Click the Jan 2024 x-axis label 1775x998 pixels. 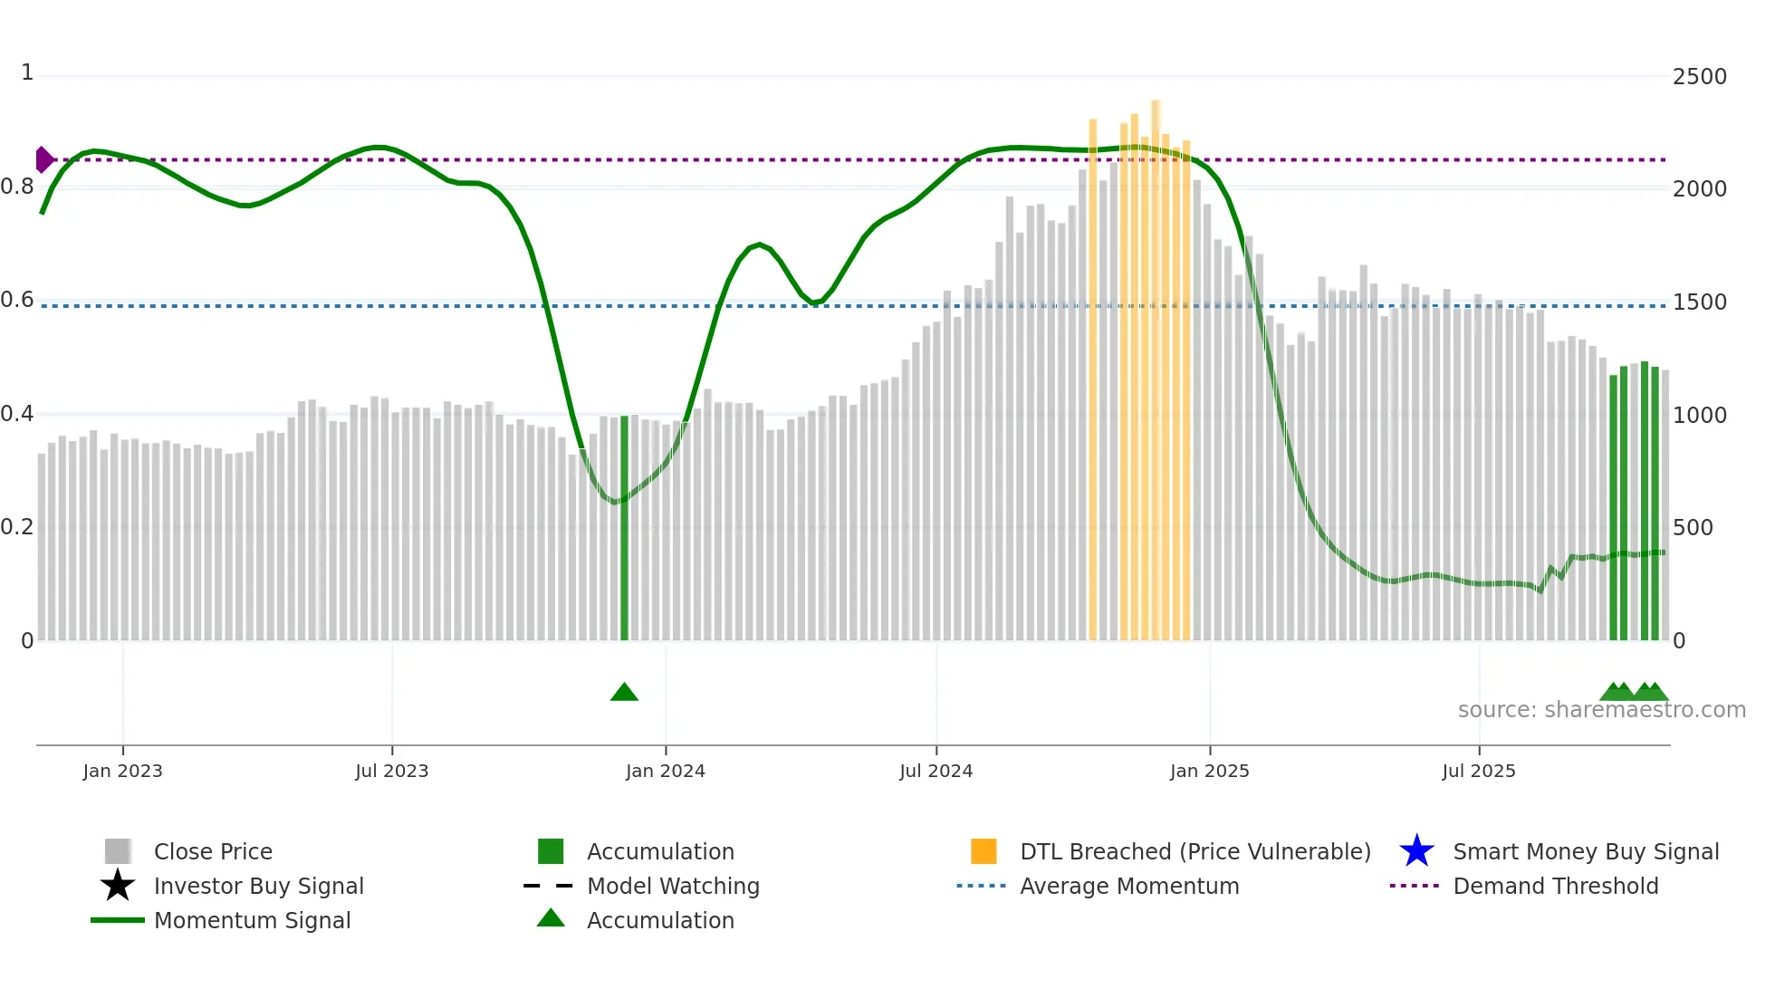665,771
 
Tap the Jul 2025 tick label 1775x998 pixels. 1478,771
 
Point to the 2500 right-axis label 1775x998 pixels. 1699,77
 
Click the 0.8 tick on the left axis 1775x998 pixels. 17,187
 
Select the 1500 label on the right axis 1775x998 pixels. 1699,302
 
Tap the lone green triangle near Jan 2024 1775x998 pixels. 624,693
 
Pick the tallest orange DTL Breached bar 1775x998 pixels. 1156,362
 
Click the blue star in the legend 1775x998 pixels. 1416,851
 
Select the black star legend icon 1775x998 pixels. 118,886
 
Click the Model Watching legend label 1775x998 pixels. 673,886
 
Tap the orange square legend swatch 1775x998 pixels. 983,851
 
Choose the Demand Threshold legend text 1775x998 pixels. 1555,886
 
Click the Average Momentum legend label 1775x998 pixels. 1129,886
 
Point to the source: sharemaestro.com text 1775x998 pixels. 1601,710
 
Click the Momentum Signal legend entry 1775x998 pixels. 252,920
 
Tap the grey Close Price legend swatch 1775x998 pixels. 118,851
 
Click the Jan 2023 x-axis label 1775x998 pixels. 122,771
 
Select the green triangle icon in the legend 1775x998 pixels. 551,918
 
